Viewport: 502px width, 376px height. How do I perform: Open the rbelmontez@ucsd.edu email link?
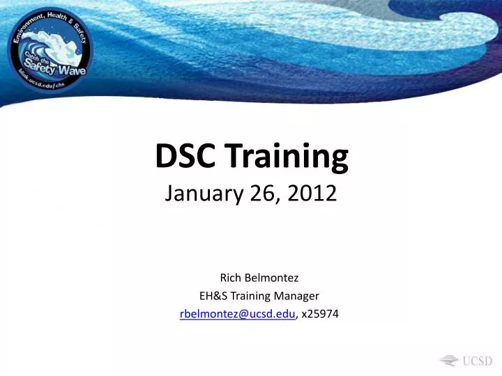point(238,314)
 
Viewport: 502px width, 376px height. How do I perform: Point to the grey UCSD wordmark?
point(478,361)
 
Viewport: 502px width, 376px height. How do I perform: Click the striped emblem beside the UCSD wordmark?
point(449,360)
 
